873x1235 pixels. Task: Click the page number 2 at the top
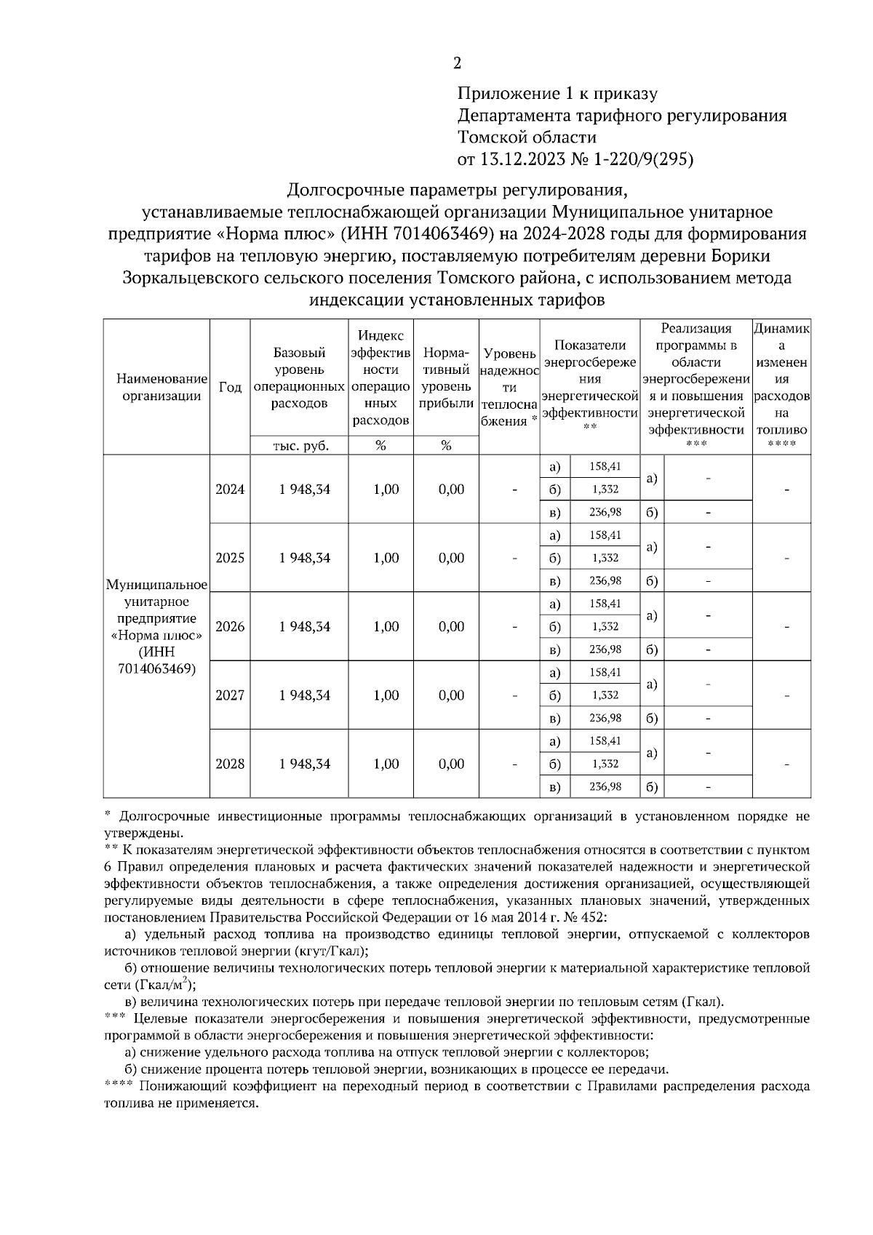pyautogui.click(x=457, y=64)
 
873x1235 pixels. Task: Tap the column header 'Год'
pyautogui.click(x=230, y=388)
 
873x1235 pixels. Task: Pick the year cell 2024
pyautogui.click(x=230, y=489)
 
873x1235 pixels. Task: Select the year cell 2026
pyautogui.click(x=230, y=626)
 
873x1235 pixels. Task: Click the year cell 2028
pyautogui.click(x=230, y=764)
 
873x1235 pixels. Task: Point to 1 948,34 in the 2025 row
pyautogui.click(x=304, y=558)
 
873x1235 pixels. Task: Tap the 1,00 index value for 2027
pyautogui.click(x=386, y=695)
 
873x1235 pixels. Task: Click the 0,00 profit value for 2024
pyautogui.click(x=451, y=489)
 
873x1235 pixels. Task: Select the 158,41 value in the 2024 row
pyautogui.click(x=605, y=466)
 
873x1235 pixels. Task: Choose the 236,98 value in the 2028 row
pyautogui.click(x=605, y=787)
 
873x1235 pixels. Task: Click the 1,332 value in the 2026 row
pyautogui.click(x=605, y=626)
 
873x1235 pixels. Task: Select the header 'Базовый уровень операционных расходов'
pyautogui.click(x=299, y=378)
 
